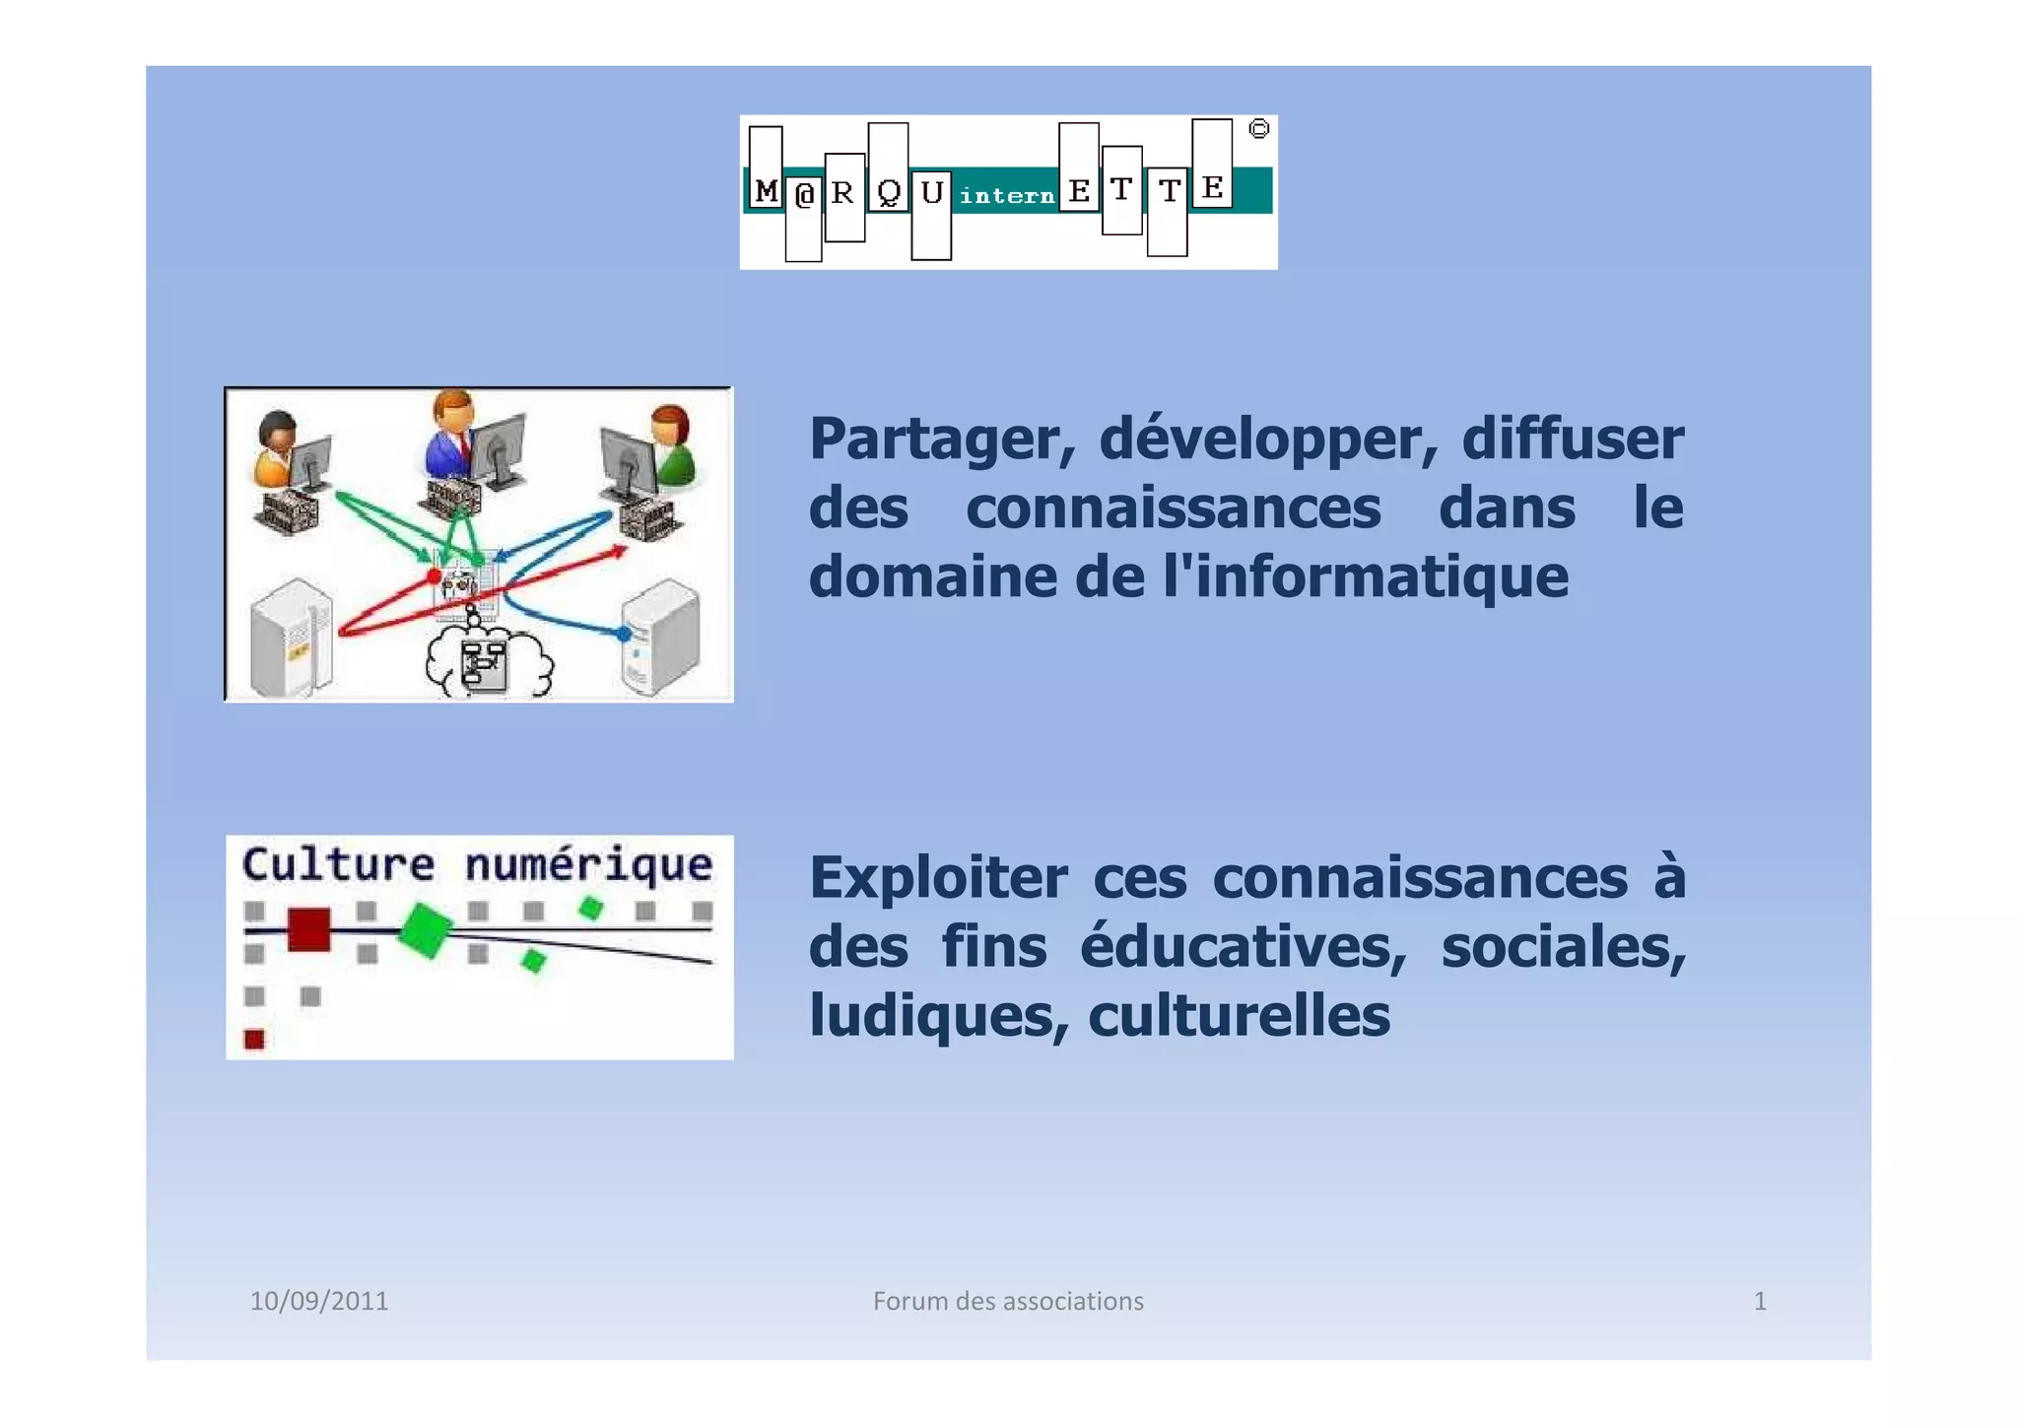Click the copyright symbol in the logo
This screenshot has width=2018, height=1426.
(1258, 129)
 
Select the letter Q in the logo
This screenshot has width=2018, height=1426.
(889, 192)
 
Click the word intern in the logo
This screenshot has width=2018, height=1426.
(1006, 196)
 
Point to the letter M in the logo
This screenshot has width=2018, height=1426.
(766, 190)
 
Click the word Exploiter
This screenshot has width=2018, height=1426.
(938, 878)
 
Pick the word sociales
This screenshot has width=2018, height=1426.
(1564, 947)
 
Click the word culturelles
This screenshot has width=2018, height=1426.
(1239, 1016)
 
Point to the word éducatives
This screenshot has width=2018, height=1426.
(1244, 947)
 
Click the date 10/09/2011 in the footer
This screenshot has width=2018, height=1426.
(319, 1302)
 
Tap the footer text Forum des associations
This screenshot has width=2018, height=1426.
(1008, 1302)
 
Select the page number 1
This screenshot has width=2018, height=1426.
(1760, 1302)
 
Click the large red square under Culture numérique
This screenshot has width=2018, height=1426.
(308, 929)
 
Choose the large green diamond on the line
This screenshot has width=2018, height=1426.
(425, 929)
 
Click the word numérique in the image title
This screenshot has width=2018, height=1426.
(588, 865)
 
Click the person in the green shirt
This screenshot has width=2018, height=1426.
(671, 448)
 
